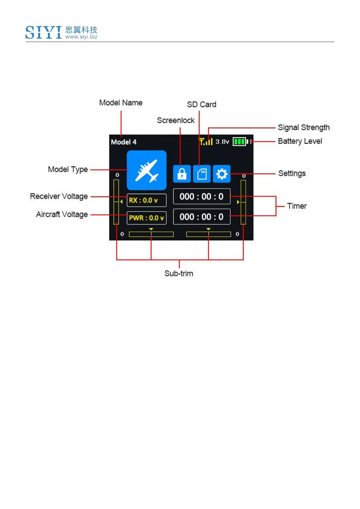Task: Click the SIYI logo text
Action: (x=44, y=32)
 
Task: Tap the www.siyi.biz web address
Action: (x=81, y=37)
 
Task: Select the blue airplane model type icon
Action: (x=147, y=170)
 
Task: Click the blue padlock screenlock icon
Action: (x=182, y=174)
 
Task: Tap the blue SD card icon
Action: (x=202, y=174)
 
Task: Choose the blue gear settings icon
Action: (x=222, y=174)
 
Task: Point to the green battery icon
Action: (x=240, y=141)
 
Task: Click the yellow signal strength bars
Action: (x=206, y=141)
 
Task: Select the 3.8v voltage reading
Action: (x=222, y=141)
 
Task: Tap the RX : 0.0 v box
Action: (x=146, y=200)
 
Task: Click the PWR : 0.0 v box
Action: (x=146, y=218)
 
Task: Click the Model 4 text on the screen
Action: (x=124, y=142)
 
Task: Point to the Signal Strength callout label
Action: (x=303, y=128)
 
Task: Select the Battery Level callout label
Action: (x=300, y=141)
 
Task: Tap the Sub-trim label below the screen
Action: (x=179, y=274)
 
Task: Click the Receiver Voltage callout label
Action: (x=59, y=196)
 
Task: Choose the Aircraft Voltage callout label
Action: (x=62, y=215)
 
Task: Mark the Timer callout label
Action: (x=297, y=206)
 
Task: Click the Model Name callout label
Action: (x=121, y=103)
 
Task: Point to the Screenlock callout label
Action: (x=176, y=121)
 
